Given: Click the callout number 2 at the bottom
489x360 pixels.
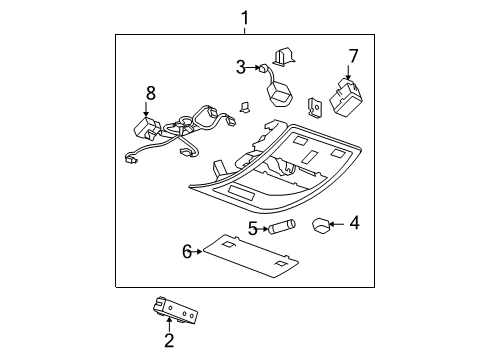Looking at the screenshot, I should tap(169, 340).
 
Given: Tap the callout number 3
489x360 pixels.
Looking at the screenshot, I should tap(240, 67).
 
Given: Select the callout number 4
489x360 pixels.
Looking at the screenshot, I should tap(353, 223).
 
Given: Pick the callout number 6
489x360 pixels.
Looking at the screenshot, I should tap(187, 251).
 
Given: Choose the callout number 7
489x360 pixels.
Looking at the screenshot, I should tap(352, 56).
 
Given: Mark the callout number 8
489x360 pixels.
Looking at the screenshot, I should tap(150, 93).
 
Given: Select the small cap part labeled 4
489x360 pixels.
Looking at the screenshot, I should tap(320, 224).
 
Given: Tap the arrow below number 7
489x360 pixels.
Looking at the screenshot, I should tap(349, 74).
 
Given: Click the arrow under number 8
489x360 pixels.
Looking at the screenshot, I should tap(150, 112).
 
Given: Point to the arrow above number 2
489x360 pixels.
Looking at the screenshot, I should tap(169, 322).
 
